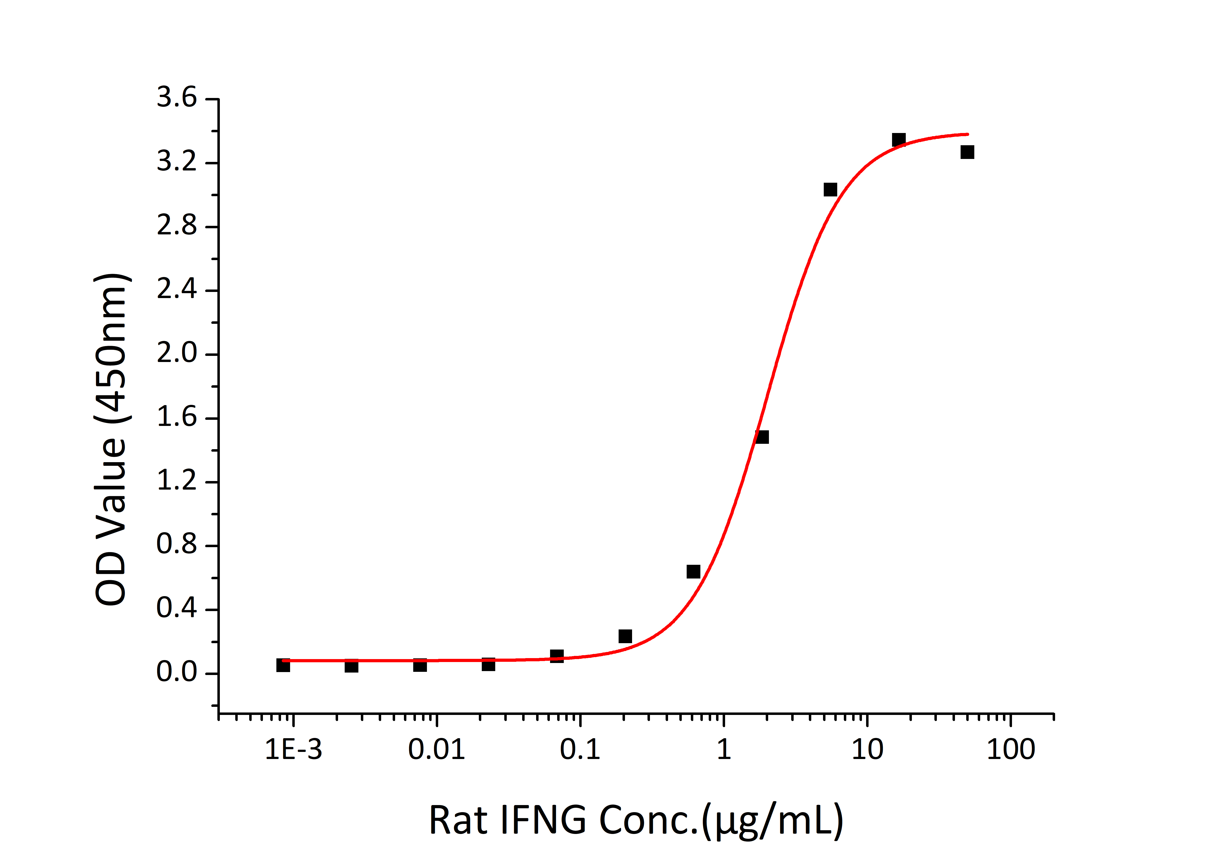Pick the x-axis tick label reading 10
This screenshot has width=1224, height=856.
[867, 750]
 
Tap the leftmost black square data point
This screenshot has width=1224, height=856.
[283, 665]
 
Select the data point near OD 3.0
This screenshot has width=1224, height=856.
[830, 189]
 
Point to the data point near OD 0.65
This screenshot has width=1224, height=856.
[693, 572]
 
